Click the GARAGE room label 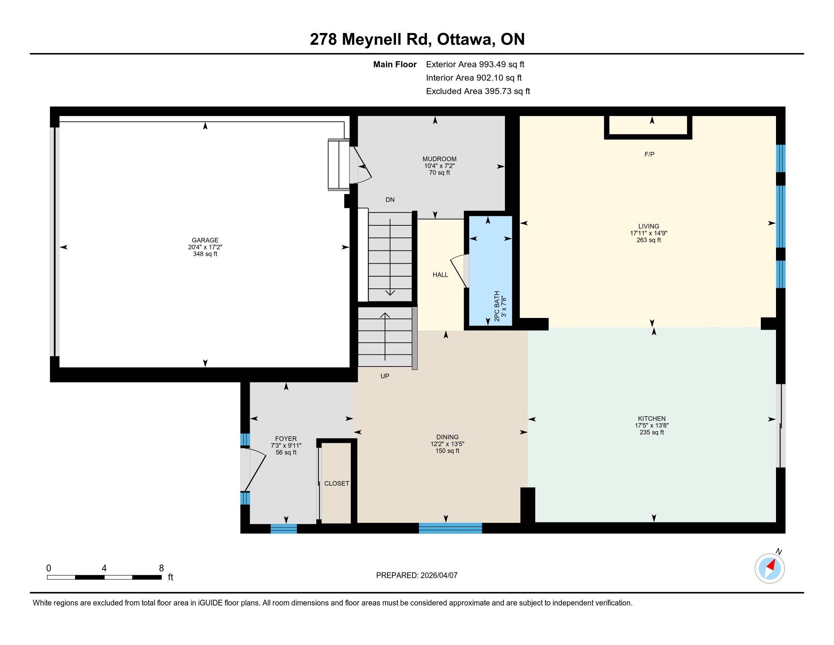pyautogui.click(x=205, y=240)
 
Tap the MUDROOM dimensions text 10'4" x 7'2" pyautogui.click(x=439, y=166)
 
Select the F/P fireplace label pyautogui.click(x=649, y=154)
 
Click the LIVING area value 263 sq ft pyautogui.click(x=648, y=240)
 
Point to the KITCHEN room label pyautogui.click(x=651, y=418)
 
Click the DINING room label pyautogui.click(x=447, y=437)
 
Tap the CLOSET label pyautogui.click(x=336, y=483)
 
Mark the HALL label pyautogui.click(x=440, y=275)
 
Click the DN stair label pyautogui.click(x=390, y=200)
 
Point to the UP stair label pyautogui.click(x=384, y=376)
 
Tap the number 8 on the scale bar pyautogui.click(x=161, y=568)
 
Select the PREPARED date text pyautogui.click(x=417, y=576)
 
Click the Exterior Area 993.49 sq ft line pyautogui.click(x=475, y=64)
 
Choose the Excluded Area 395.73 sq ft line pyautogui.click(x=478, y=91)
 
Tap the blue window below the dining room pyautogui.click(x=450, y=528)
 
